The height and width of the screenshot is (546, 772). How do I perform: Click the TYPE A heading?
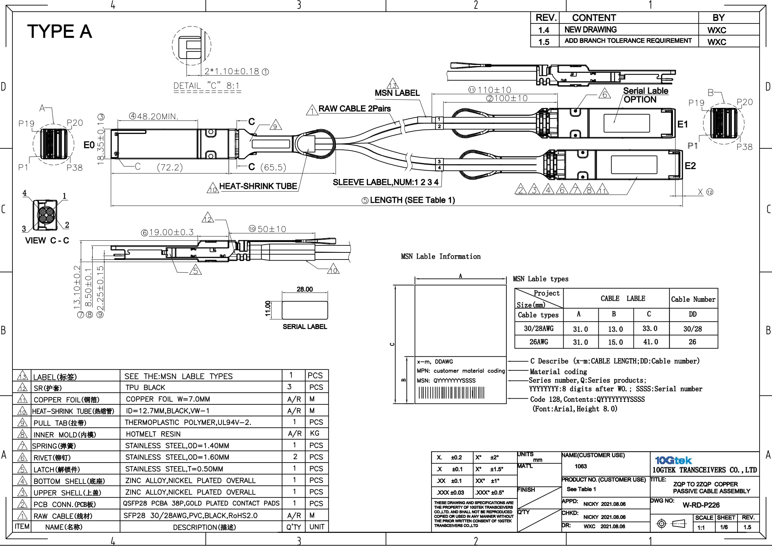60,31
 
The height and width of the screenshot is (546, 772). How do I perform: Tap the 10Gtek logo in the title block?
673,460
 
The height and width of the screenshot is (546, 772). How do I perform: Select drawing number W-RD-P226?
701,505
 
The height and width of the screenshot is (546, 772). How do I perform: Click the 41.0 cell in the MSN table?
650,342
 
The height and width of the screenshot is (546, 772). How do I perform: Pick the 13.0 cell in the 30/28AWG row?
615,329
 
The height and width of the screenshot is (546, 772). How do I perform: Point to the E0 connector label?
89,145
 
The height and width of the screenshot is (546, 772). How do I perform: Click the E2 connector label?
690,166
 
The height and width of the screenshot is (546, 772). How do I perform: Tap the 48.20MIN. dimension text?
154,116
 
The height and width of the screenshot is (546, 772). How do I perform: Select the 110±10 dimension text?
490,90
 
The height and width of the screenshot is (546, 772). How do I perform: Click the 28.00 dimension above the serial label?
305,289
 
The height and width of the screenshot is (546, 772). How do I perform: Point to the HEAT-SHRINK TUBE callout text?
258,186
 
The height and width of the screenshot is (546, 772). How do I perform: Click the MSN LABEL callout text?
397,93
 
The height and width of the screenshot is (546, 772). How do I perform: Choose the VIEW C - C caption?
47,240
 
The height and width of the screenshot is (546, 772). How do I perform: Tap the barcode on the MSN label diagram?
451,393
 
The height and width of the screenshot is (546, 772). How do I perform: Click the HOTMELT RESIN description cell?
153,434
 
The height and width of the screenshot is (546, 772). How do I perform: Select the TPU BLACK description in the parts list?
145,387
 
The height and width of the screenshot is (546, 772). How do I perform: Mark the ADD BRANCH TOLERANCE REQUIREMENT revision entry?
628,41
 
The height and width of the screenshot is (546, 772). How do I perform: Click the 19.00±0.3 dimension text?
168,232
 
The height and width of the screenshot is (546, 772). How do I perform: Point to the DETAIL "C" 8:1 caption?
207,86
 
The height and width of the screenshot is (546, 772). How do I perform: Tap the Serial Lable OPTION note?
645,95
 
